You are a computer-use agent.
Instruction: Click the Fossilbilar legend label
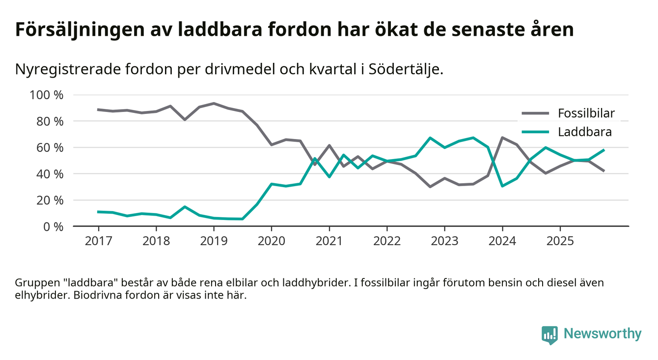(586, 113)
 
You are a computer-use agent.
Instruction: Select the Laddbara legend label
(584, 132)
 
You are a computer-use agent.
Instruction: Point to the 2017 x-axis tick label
(98, 242)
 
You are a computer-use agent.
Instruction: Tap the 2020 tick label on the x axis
(272, 242)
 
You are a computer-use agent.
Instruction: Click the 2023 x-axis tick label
(444, 242)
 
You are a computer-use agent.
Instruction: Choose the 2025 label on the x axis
(560, 242)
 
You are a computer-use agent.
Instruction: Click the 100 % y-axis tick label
(47, 95)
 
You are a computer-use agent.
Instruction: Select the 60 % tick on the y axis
(49, 147)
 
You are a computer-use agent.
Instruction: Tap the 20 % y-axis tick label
(49, 200)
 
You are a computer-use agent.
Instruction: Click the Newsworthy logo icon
(549, 334)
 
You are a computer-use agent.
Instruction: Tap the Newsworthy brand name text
(602, 334)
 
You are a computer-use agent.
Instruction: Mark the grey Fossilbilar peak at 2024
(502, 138)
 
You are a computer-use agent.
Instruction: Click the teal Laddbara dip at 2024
(502, 186)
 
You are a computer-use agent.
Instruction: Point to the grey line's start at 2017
(98, 110)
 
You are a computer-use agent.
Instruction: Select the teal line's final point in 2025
(603, 150)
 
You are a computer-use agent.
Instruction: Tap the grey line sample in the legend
(534, 113)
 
